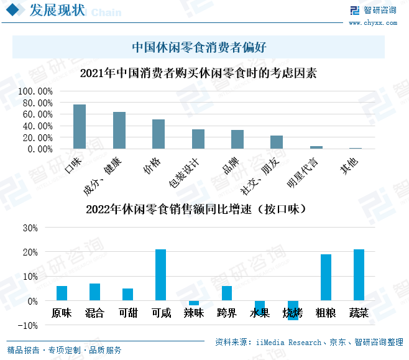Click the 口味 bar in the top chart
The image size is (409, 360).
coord(80,127)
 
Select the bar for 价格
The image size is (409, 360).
coord(159,134)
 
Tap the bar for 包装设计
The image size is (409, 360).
coord(198,139)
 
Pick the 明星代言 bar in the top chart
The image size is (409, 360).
coord(316,147)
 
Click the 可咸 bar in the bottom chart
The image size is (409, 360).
coord(160,275)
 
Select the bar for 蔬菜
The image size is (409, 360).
coord(359,275)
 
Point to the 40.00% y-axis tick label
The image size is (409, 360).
coord(38,126)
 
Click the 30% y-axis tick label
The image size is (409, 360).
coord(29,228)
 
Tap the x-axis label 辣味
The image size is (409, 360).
coord(194,313)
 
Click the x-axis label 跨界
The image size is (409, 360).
coord(227,313)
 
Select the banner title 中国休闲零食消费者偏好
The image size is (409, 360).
coord(199,47)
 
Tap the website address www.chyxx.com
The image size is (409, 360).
coord(372,22)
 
